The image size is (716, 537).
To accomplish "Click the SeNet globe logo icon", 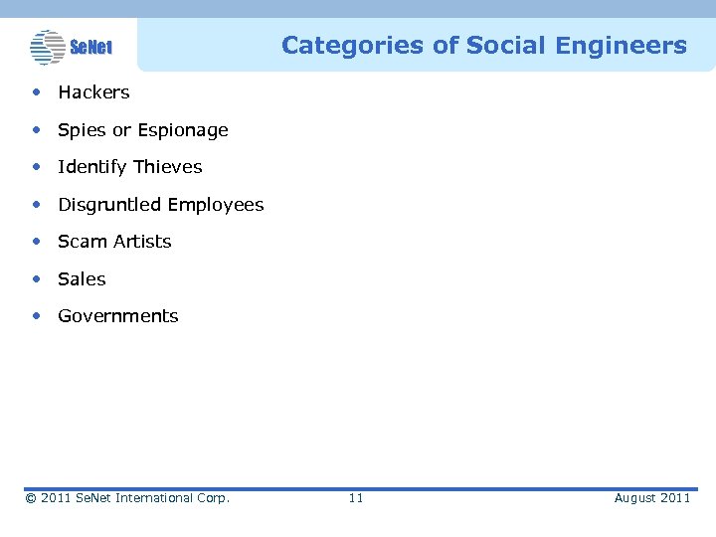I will click(x=47, y=46).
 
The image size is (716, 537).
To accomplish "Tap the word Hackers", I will click(x=93, y=92).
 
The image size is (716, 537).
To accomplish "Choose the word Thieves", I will click(x=168, y=167).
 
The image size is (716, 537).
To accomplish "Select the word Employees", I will click(x=216, y=205).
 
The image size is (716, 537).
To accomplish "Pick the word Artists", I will click(x=141, y=242).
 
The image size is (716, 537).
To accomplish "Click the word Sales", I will click(x=82, y=279).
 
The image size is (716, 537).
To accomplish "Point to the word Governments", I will click(x=118, y=316).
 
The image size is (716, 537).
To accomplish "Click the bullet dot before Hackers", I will click(x=36, y=92).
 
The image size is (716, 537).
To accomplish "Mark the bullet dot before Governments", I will click(x=36, y=316).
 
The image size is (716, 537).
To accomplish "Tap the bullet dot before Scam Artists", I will click(x=36, y=242).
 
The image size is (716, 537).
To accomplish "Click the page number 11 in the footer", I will click(x=356, y=497).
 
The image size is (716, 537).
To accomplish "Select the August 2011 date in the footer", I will click(x=651, y=497).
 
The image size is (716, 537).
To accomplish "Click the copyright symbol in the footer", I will click(x=31, y=497).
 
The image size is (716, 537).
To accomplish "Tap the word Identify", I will click(x=93, y=167).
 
